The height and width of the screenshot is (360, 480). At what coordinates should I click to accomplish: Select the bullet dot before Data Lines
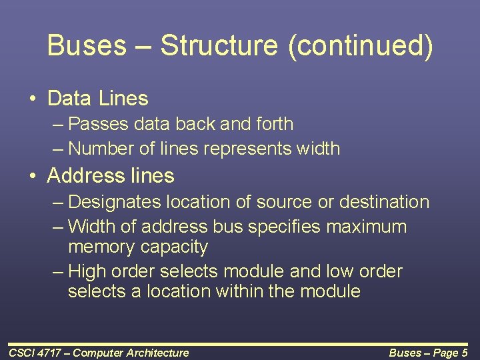[x=33, y=99]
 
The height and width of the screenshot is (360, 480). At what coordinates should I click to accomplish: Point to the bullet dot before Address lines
[x=33, y=177]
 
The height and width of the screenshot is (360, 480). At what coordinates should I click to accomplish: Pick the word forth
[x=270, y=124]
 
